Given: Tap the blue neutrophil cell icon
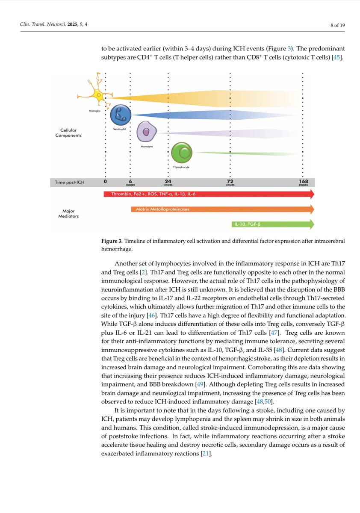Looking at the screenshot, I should tap(121, 115).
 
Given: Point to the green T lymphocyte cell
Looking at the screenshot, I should tap(182, 153).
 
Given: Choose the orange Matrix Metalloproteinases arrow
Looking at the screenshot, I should tap(222, 209).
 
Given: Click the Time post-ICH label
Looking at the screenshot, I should tap(70, 183).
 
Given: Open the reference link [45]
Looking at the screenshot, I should tap(337, 57).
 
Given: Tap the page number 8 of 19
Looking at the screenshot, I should tap(337, 25).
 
